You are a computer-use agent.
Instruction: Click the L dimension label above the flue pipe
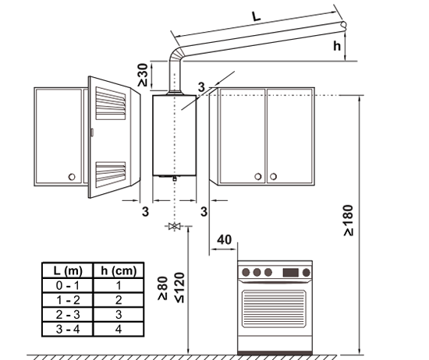click(x=257, y=16)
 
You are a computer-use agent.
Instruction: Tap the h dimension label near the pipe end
click(x=337, y=46)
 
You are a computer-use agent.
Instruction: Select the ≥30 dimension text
click(x=143, y=75)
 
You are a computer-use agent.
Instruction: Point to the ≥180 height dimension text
click(x=349, y=221)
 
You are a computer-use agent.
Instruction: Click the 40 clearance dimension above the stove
click(x=225, y=240)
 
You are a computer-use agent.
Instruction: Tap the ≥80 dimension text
click(x=162, y=288)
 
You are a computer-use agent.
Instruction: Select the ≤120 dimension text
click(x=179, y=288)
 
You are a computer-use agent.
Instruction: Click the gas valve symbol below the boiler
click(x=174, y=226)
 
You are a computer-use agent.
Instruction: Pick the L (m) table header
click(x=68, y=271)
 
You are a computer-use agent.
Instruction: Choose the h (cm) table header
click(x=119, y=271)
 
